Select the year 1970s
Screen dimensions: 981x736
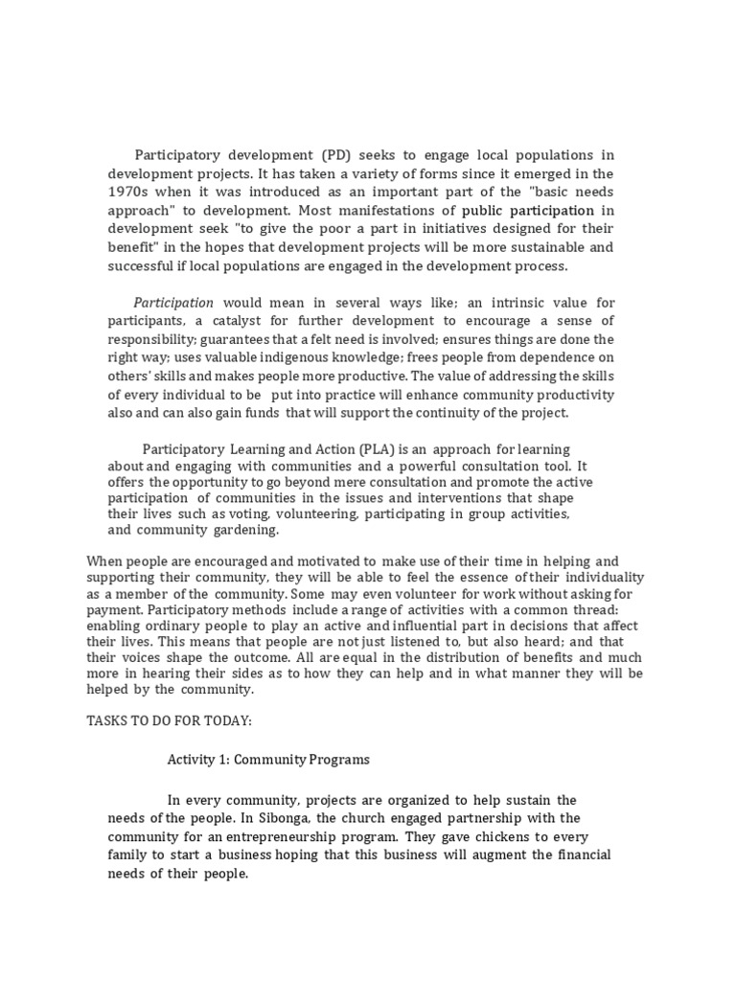point(130,192)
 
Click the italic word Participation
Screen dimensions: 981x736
point(173,303)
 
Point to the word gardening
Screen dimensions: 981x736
point(247,531)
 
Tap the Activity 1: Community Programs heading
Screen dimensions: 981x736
point(268,760)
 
